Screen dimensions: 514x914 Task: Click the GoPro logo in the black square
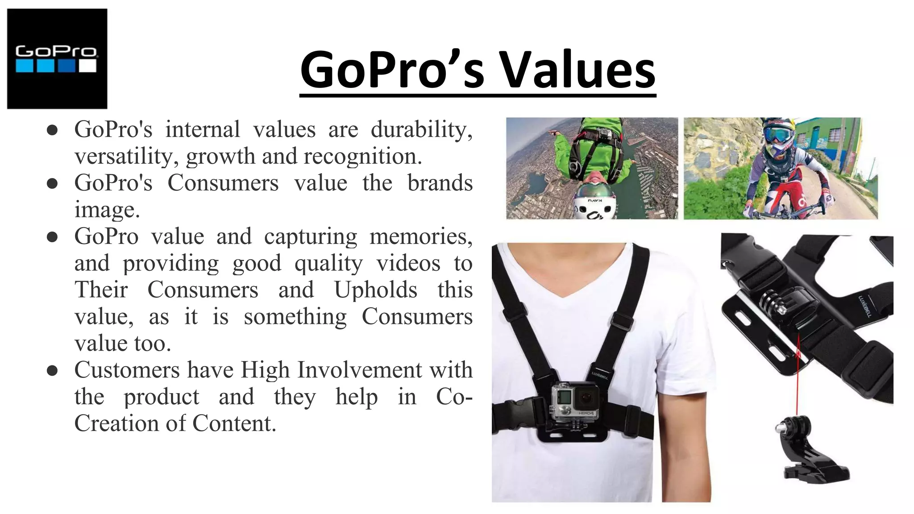[57, 58]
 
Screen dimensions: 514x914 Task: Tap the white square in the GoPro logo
[88, 66]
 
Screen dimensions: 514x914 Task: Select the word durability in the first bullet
[421, 129]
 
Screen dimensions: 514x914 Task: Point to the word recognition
[362, 156]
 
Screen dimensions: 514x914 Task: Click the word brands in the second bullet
[440, 183]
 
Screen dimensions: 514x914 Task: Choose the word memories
[421, 236]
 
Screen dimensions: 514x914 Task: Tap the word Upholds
[375, 290]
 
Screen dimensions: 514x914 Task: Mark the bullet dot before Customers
[52, 371]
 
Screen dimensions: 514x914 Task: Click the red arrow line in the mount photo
[797, 379]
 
